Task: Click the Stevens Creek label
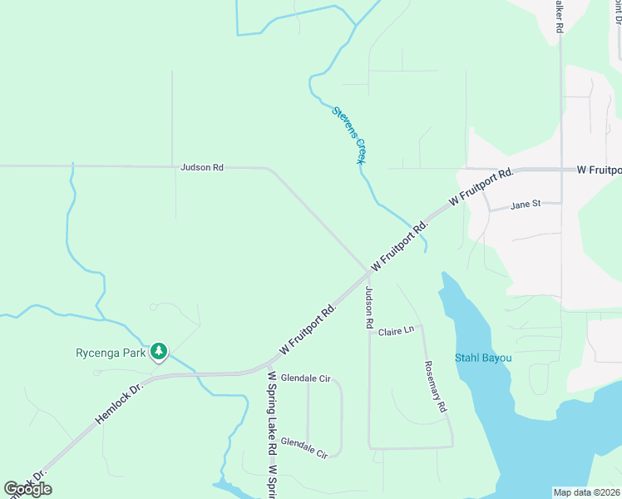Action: coord(349,135)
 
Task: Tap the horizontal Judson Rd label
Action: coord(202,167)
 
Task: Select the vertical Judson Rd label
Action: coord(368,308)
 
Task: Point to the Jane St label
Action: coord(526,204)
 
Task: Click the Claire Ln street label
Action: coord(396,331)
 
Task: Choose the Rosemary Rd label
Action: coord(436,387)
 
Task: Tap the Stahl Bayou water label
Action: coord(483,358)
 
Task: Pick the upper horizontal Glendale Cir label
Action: coord(305,378)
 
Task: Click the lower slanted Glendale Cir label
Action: coord(305,447)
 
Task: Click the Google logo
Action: coord(27,489)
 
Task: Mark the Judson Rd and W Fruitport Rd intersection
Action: coord(368,271)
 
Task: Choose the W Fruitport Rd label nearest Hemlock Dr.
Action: coord(308,327)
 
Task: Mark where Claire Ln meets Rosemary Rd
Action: coord(422,326)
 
